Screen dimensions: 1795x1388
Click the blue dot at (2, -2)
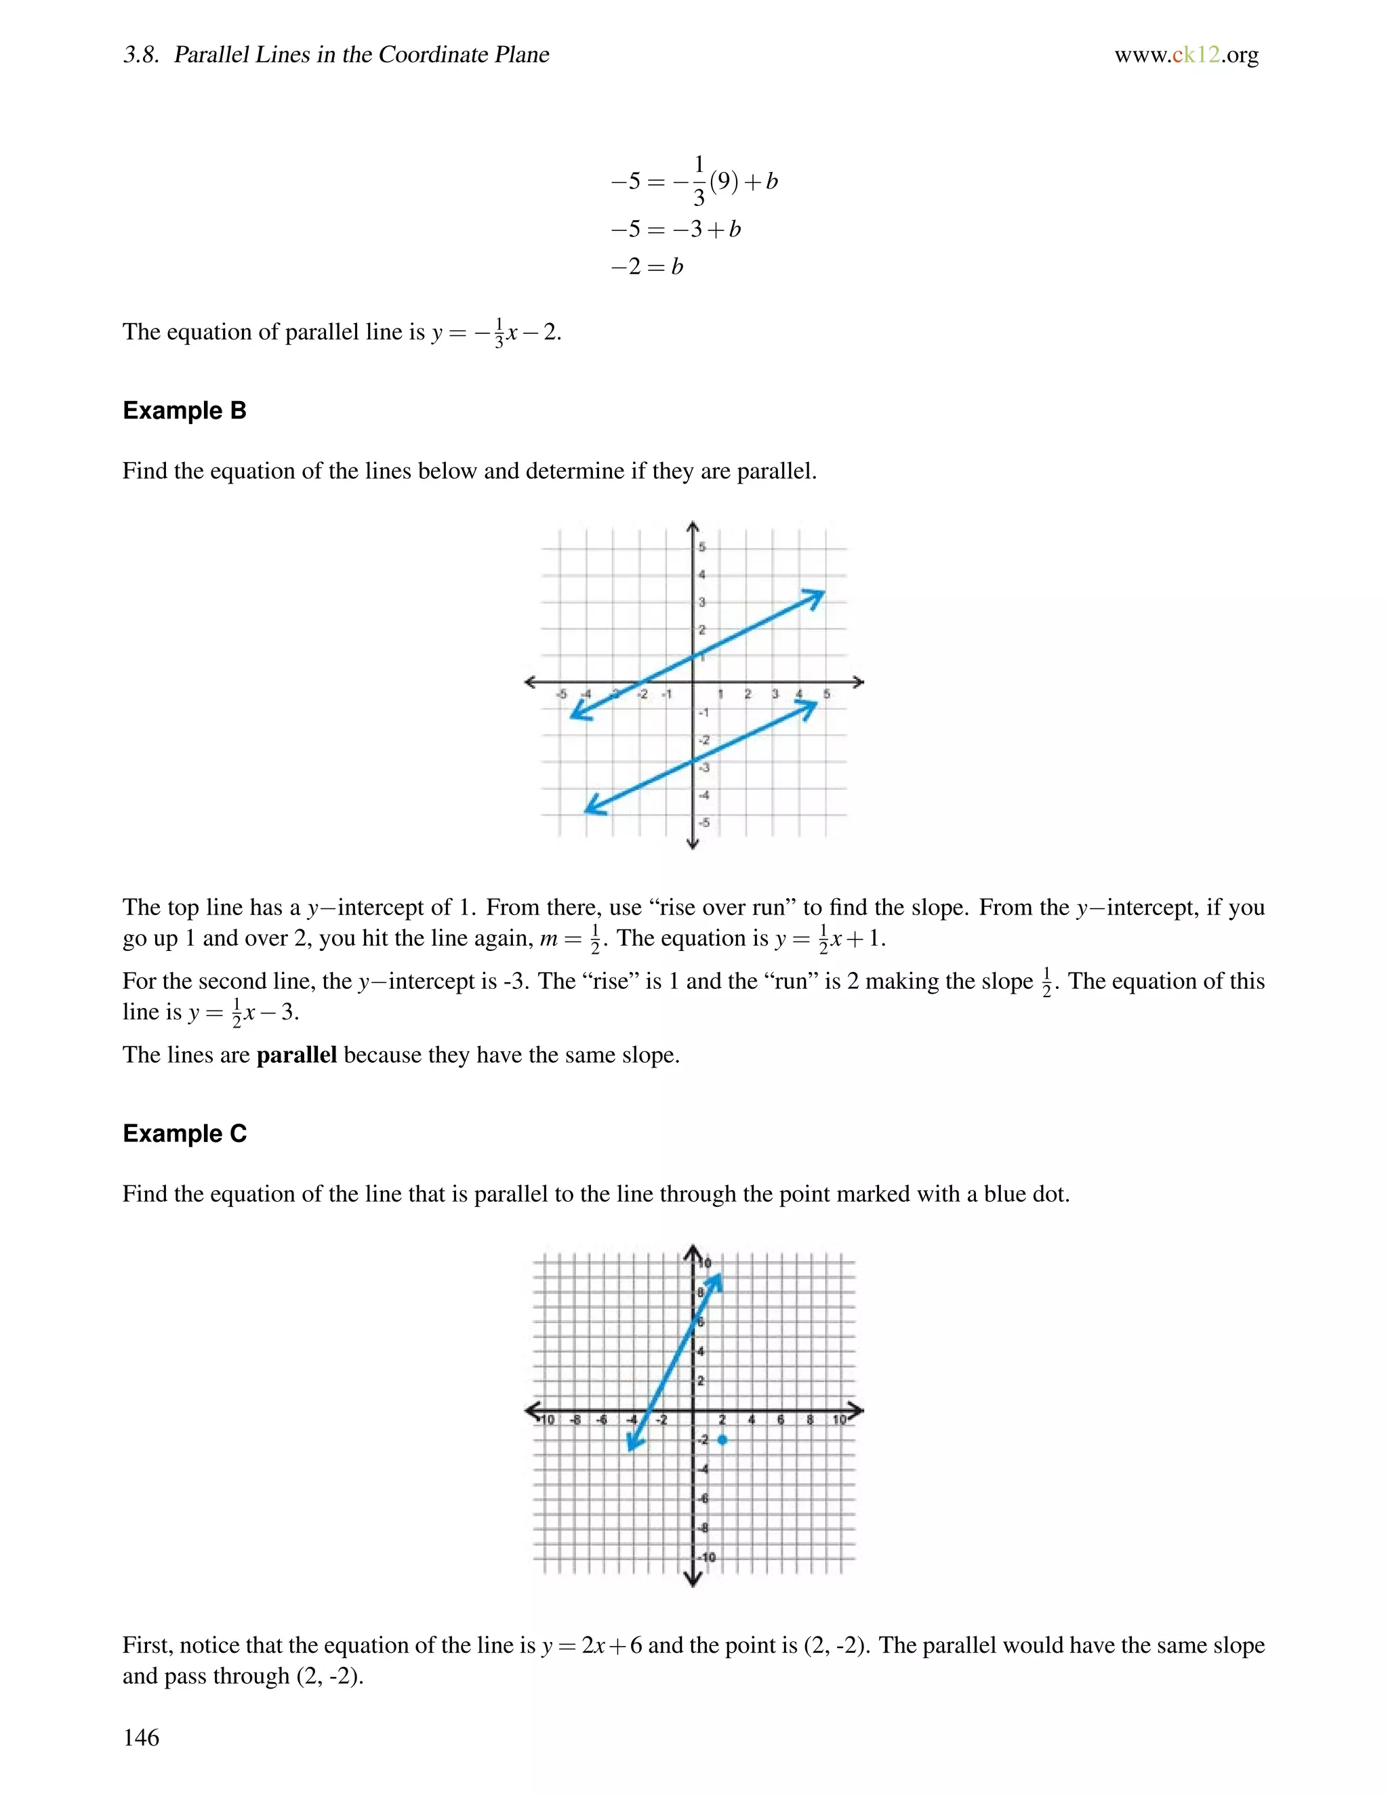[x=722, y=1439]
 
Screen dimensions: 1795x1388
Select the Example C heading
[x=184, y=1133]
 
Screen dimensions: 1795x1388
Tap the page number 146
[x=140, y=1737]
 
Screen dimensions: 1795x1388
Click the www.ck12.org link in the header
[x=1186, y=55]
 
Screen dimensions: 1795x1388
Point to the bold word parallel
[x=296, y=1055]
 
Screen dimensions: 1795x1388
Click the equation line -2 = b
[x=647, y=266]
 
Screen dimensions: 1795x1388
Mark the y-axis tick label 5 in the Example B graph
[x=701, y=547]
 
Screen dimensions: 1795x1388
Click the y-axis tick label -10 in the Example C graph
[x=706, y=1557]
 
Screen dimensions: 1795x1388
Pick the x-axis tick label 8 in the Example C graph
[x=810, y=1419]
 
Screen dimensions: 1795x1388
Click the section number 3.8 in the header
[x=140, y=55]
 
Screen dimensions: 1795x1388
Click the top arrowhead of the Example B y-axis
[x=693, y=526]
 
